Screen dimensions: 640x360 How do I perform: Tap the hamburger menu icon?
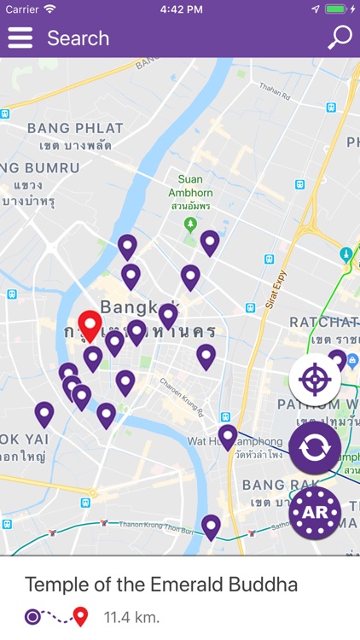click(x=20, y=38)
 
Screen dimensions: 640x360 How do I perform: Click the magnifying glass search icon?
click(x=340, y=38)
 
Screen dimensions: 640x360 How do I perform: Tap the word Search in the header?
click(x=78, y=38)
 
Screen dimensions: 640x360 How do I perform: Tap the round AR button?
click(x=315, y=512)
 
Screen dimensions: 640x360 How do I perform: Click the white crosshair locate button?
click(x=315, y=378)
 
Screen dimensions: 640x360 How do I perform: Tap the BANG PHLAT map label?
click(x=74, y=128)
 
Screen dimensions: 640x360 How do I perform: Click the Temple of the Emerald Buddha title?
click(x=161, y=585)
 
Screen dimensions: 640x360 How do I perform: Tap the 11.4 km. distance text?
click(x=131, y=616)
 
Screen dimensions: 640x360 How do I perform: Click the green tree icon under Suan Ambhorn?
click(x=191, y=224)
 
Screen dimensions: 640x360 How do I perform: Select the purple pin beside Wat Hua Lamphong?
click(x=227, y=437)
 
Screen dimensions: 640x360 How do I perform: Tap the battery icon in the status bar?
click(x=339, y=9)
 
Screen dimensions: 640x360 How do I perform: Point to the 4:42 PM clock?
click(x=180, y=9)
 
